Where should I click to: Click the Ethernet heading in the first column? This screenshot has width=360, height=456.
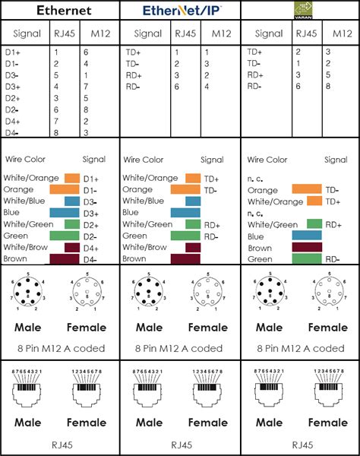(59, 11)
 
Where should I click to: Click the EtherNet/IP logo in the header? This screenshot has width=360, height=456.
(179, 11)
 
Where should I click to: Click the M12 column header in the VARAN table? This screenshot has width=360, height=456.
(341, 33)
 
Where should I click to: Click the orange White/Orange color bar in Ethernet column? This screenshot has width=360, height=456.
(72, 178)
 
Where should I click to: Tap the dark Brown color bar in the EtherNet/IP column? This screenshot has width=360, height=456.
(185, 259)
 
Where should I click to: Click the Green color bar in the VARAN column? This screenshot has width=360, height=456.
(306, 259)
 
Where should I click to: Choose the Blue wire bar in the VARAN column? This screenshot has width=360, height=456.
(307, 236)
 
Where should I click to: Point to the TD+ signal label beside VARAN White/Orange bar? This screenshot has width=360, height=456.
(331, 201)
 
